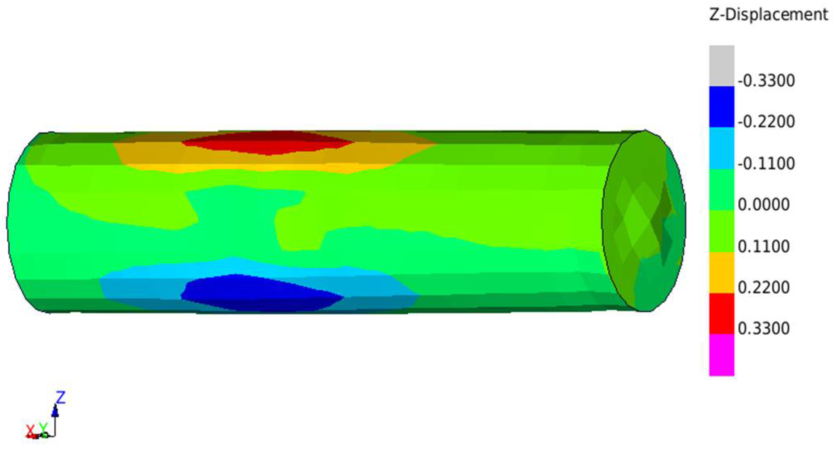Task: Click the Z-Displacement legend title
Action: coord(768,14)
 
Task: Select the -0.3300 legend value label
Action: coord(766,81)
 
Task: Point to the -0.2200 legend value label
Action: coord(766,122)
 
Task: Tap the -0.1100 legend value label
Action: coord(766,163)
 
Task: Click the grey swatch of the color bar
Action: coord(722,65)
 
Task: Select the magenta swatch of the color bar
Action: coord(722,355)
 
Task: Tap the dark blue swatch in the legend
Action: coord(722,106)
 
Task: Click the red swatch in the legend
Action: coord(722,313)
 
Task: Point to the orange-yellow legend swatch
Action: coord(722,272)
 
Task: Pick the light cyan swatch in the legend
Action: coord(722,148)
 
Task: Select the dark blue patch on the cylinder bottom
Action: coord(260,292)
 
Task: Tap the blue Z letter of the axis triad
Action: coord(60,398)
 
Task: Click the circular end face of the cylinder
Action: coord(644,220)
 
